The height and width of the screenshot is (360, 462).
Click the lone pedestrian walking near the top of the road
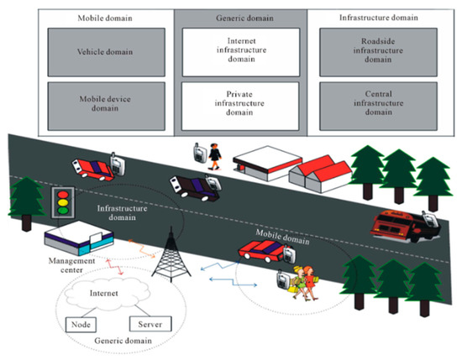pyautogui.click(x=215, y=154)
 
